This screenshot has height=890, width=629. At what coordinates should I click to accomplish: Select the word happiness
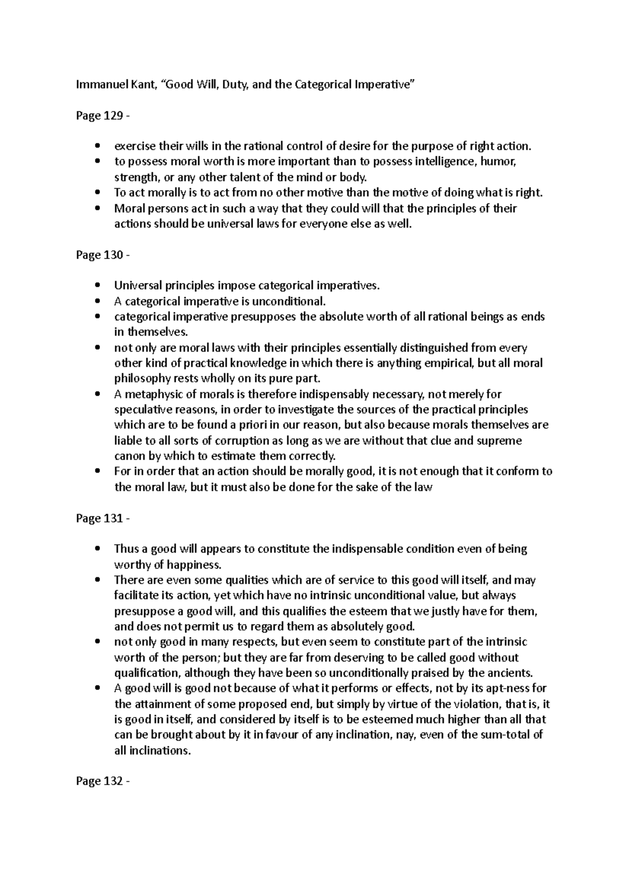pos(194,565)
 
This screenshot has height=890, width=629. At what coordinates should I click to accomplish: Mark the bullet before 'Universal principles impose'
pos(99,286)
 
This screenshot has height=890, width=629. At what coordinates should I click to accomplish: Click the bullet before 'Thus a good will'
pos(99,549)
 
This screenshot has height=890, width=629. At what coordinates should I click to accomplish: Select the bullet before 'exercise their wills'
pos(99,147)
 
